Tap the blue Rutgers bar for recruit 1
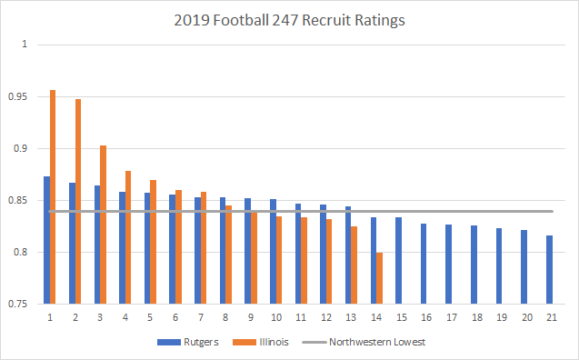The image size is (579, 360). (x=46, y=240)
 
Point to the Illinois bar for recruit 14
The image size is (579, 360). (x=379, y=278)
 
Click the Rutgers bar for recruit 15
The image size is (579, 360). (x=398, y=261)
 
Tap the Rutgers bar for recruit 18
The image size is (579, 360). (x=474, y=265)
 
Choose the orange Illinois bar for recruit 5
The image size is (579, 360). (x=153, y=242)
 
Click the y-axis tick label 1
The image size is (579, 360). (x=25, y=45)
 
